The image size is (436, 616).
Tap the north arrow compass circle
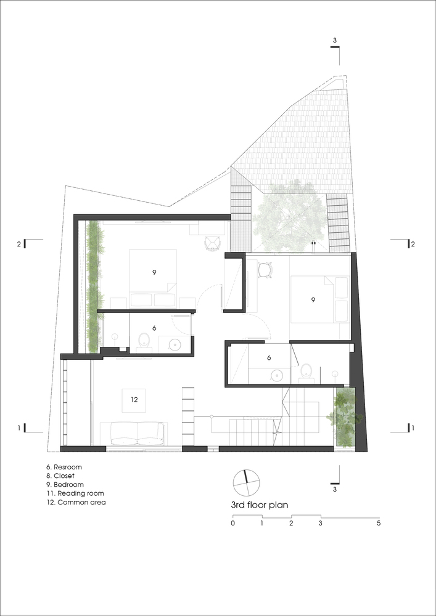(247, 483)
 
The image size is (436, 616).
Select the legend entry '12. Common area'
(76, 502)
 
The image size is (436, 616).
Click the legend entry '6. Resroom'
(64, 467)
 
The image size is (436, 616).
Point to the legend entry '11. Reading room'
(75, 493)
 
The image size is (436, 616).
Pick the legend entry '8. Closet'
(60, 476)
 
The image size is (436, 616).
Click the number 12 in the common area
(134, 400)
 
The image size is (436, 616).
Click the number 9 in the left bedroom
(155, 272)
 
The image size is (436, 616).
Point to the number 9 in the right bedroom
(313, 300)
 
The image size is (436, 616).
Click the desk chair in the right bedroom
(266, 271)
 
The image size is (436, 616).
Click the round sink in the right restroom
(278, 376)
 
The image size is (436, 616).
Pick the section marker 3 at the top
(335, 41)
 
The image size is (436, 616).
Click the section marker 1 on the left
(19, 428)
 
